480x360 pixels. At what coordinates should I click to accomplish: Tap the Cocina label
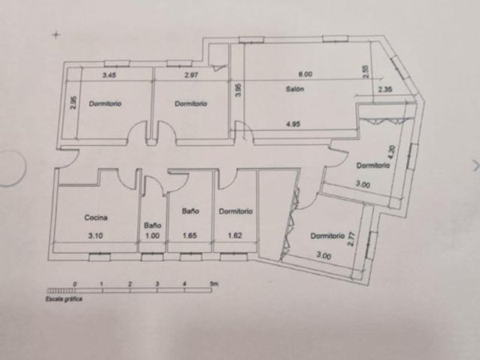point(96,217)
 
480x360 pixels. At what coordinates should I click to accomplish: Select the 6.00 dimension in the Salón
point(306,74)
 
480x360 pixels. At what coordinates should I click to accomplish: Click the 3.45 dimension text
point(109,75)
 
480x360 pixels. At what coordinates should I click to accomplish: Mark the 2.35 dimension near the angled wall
point(385,89)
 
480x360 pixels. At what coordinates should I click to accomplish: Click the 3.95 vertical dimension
point(238,90)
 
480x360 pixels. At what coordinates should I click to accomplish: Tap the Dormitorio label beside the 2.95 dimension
point(105,104)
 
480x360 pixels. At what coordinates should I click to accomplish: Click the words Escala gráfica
point(64,298)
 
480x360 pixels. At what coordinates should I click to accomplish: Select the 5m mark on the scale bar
point(213,284)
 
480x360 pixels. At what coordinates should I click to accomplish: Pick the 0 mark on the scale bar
point(75,284)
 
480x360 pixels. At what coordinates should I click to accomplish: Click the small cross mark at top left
point(56,35)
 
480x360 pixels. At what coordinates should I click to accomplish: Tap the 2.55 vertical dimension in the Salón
point(366,71)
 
